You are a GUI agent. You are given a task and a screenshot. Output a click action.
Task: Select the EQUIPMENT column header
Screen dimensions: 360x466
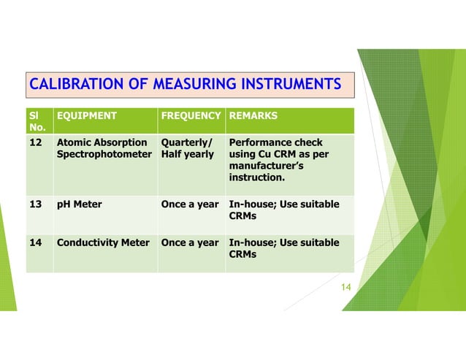pos(87,115)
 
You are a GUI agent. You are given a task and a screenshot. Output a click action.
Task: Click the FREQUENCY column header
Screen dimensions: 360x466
pos(191,115)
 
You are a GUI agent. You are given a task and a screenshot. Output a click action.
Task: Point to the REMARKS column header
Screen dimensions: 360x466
pos(252,115)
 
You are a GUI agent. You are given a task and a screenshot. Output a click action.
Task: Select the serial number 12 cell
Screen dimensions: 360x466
pos(35,143)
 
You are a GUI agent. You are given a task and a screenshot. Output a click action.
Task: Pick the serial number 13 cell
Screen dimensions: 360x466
pos(35,204)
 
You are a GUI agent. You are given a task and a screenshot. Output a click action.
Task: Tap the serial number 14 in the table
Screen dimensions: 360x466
pos(35,242)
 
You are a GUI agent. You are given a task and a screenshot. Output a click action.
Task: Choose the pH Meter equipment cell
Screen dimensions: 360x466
pos(80,204)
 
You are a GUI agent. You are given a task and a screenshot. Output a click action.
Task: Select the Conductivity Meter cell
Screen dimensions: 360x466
pos(103,242)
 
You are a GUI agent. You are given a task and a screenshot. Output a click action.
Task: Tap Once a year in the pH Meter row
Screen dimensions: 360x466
pos(190,204)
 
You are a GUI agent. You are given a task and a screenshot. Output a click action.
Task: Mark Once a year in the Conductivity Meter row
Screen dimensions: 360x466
pos(190,242)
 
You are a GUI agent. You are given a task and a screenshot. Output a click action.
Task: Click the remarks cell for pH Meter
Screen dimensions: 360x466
pos(284,210)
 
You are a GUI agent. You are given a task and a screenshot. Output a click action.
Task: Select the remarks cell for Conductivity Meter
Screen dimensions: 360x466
pos(284,248)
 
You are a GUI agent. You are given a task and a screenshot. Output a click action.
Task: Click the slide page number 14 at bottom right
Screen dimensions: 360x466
pos(346,287)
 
